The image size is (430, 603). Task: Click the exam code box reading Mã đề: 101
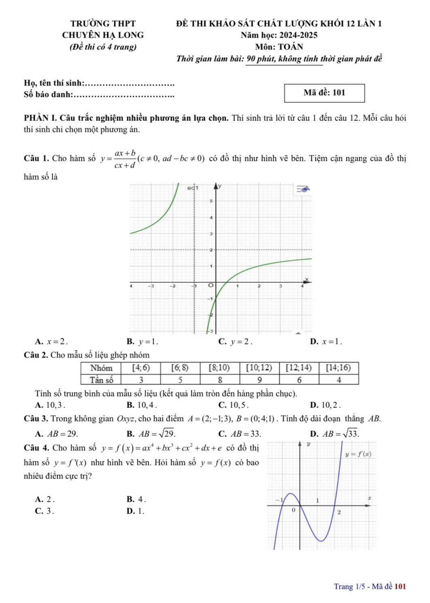coord(324,93)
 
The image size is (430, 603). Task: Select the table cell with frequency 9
coord(259,380)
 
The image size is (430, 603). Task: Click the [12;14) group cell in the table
coord(299,368)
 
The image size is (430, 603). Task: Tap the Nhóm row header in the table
coord(101,368)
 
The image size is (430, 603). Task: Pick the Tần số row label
coord(101,380)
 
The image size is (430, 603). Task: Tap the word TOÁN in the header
coord(290,47)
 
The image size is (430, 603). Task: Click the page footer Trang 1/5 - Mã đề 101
coord(370,586)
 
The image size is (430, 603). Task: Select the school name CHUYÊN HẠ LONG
coord(103,35)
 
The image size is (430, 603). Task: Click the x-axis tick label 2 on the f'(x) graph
coord(339,512)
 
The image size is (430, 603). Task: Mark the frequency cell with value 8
coord(220,380)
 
